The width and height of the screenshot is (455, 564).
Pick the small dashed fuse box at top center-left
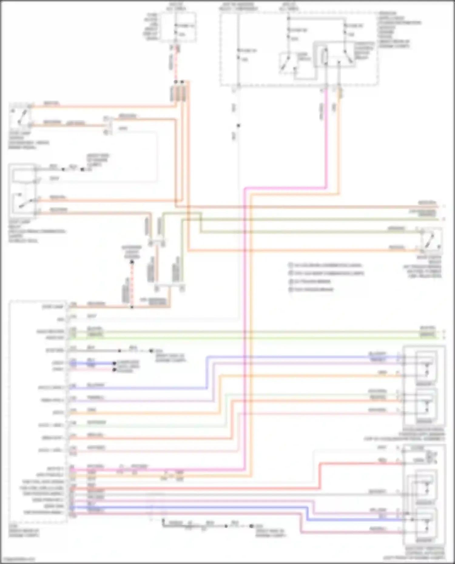(x=178, y=27)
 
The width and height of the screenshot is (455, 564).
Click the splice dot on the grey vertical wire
(x=238, y=125)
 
